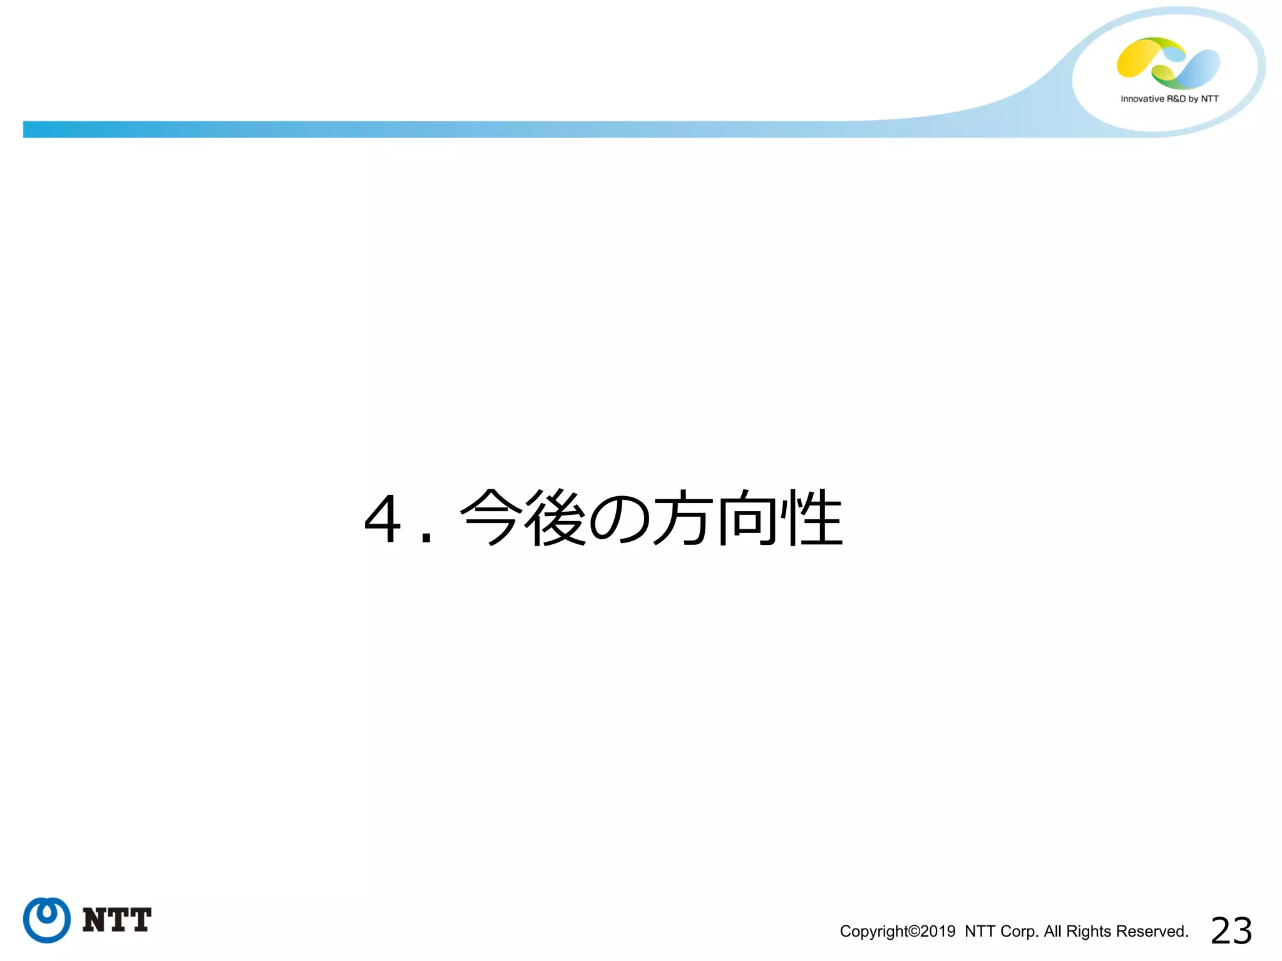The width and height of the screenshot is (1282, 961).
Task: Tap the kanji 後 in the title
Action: click(x=556, y=517)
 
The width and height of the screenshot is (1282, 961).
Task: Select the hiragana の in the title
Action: click(x=620, y=518)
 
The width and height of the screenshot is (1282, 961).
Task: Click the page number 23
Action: click(x=1231, y=931)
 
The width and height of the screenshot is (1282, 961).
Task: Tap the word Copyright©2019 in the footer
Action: click(x=897, y=932)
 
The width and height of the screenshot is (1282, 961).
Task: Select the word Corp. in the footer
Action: click(x=1020, y=932)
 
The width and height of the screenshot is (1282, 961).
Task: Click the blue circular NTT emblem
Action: click(x=47, y=920)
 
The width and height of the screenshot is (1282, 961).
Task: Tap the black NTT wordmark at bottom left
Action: click(x=117, y=920)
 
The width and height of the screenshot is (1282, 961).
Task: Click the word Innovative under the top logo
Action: click(x=1142, y=99)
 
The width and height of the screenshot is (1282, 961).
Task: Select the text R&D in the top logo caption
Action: click(x=1176, y=99)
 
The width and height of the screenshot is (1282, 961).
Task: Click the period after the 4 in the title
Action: click(x=427, y=537)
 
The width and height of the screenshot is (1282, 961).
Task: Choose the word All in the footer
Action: click(x=1052, y=932)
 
